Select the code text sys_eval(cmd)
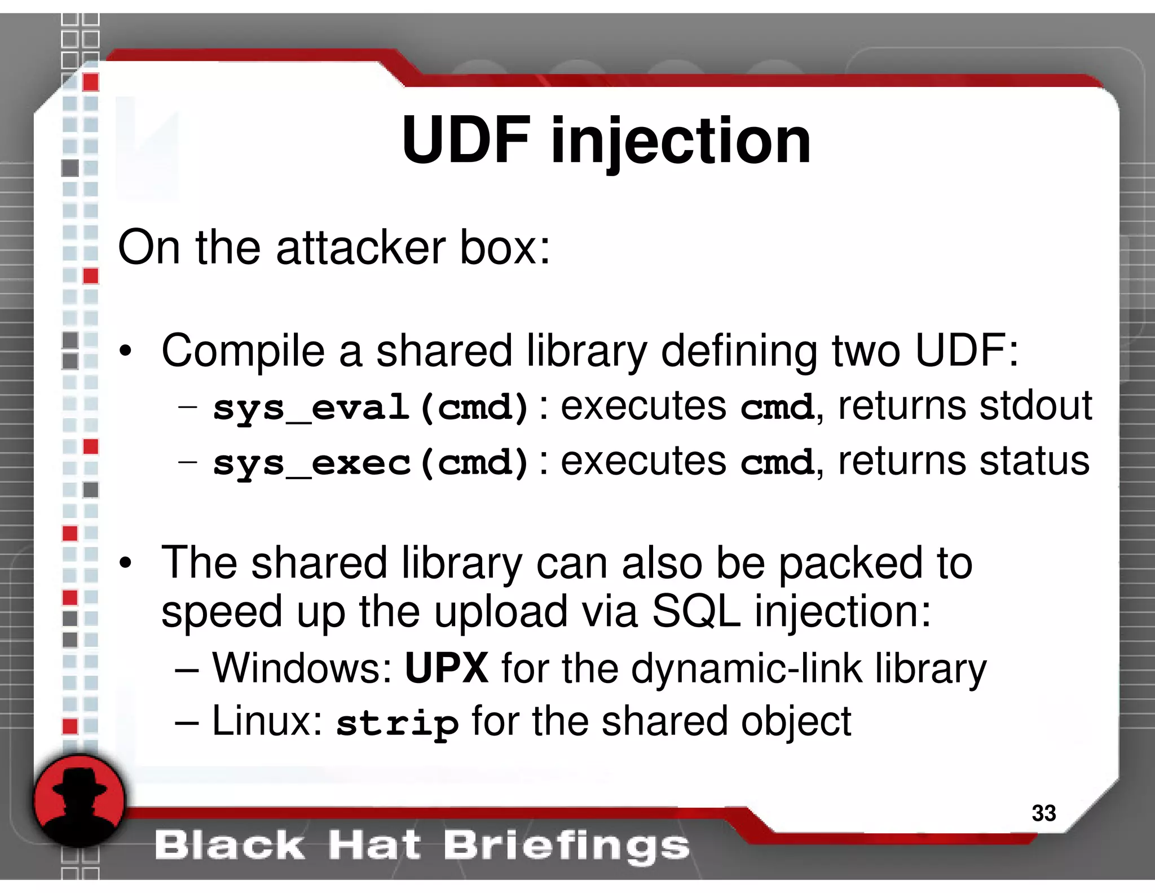click(371, 407)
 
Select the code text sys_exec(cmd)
click(371, 462)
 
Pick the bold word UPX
click(447, 668)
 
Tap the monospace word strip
click(397, 723)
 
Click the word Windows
click(302, 668)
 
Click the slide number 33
click(1043, 813)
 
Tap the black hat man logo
click(79, 801)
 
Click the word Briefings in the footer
click(566, 846)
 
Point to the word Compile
click(243, 351)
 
